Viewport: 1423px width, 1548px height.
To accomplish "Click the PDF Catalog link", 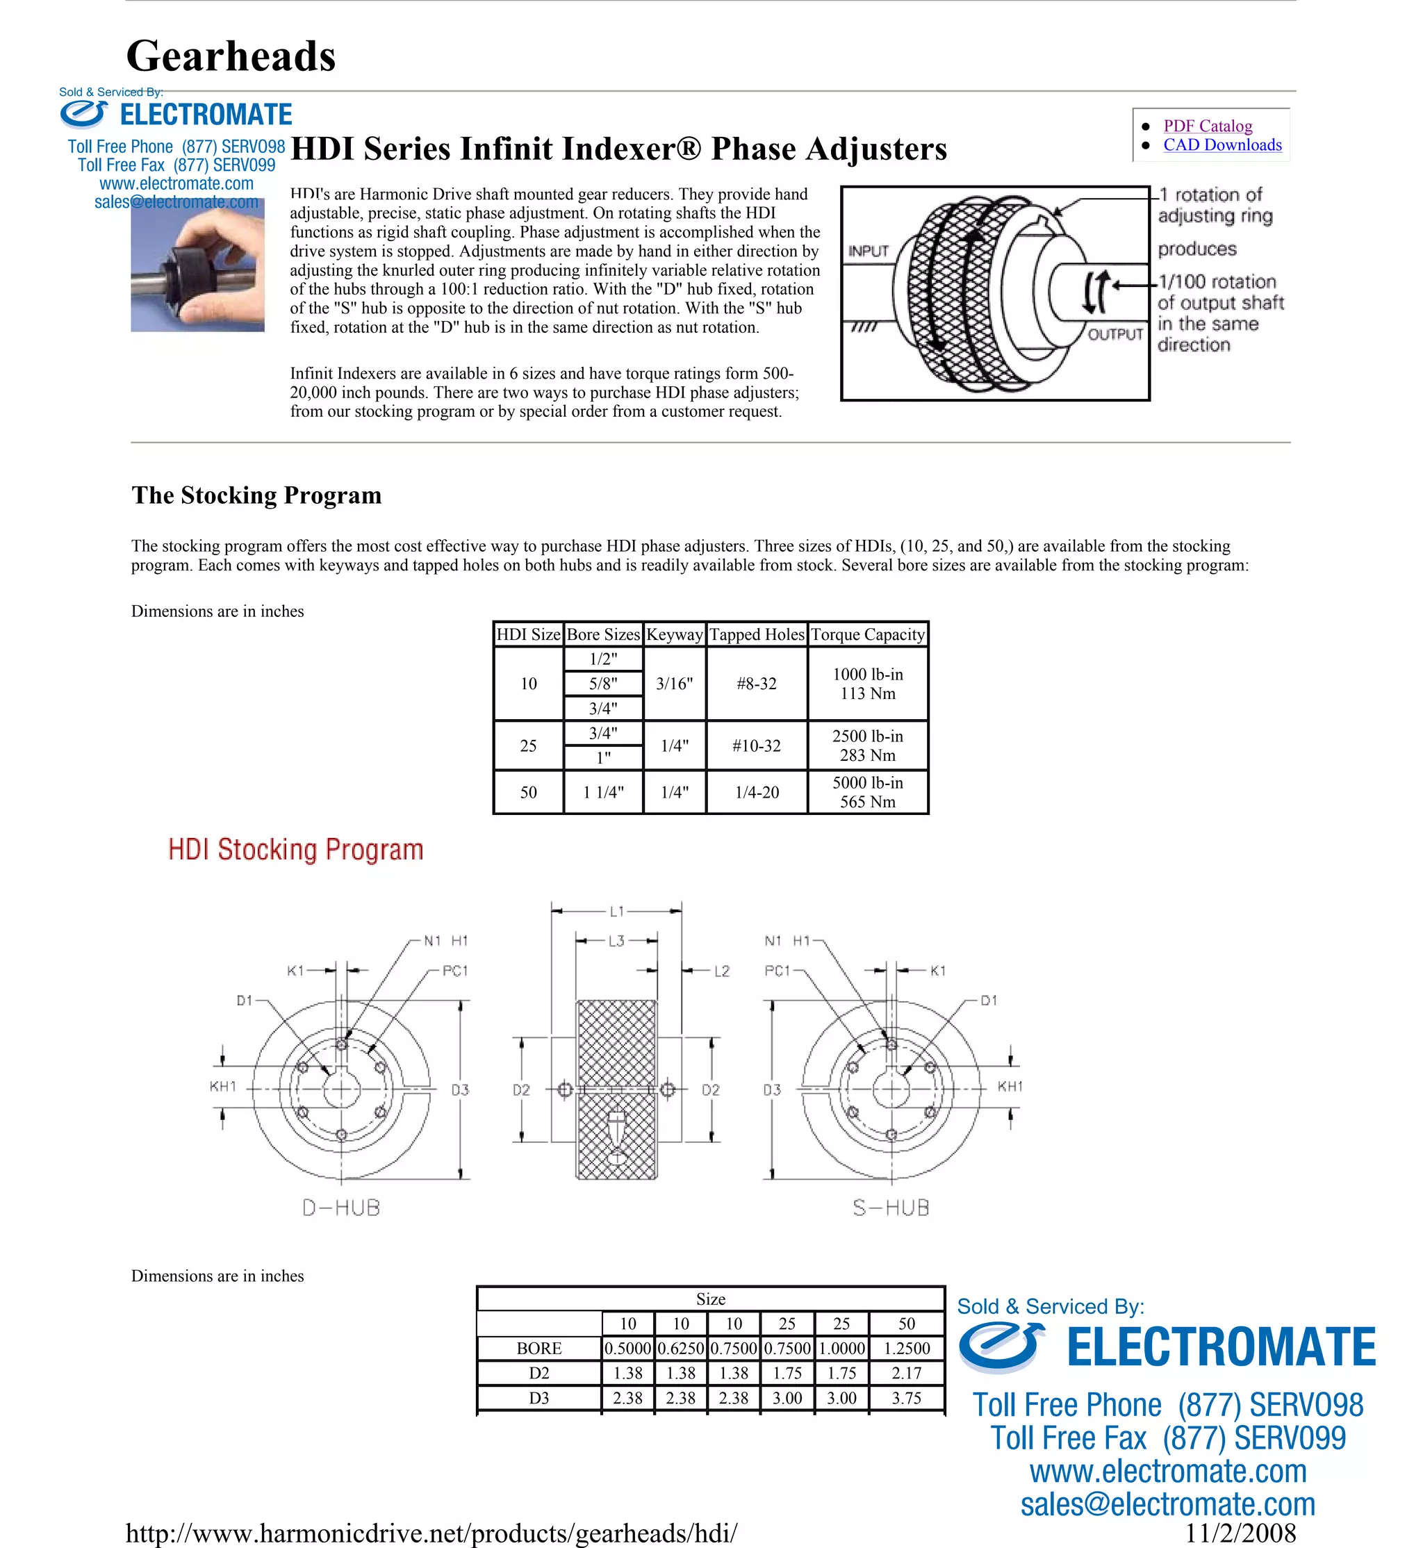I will [1207, 126].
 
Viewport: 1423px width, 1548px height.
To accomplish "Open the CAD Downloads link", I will [1222, 145].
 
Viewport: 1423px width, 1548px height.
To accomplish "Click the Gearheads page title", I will [231, 56].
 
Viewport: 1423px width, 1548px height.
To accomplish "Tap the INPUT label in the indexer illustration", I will [868, 251].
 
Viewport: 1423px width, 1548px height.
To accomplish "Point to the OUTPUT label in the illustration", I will [1114, 334].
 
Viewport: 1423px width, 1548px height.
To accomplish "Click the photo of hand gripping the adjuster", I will [198, 265].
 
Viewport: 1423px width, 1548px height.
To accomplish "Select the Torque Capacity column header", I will [867, 634].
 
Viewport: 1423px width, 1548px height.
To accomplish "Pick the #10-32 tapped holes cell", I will [756, 746].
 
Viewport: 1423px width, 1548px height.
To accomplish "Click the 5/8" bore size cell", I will [603, 683].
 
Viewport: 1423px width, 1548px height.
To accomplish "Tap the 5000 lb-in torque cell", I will [867, 783].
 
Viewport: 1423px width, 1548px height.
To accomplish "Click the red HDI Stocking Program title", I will [296, 850].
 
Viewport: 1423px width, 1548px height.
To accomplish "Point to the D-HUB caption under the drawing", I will [341, 1208].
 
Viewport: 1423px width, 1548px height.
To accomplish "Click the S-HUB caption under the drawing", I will [891, 1208].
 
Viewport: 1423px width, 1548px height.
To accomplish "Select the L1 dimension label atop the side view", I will [617, 911].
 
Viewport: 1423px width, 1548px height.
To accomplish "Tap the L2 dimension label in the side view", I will [721, 971].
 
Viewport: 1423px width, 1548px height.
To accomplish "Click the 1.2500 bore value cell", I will [906, 1349].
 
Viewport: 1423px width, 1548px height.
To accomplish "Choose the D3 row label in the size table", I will [539, 1398].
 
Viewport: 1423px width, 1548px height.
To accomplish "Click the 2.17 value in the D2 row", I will [906, 1373].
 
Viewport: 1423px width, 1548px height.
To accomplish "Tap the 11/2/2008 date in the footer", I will [1240, 1533].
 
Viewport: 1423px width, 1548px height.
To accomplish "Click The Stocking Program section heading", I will [256, 495].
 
